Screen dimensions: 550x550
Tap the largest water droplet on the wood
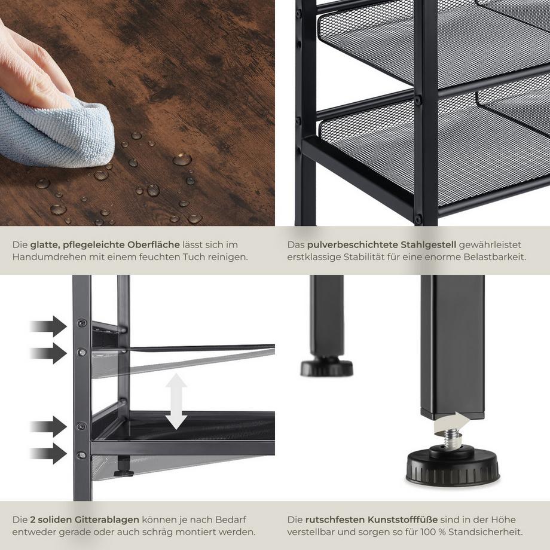182,160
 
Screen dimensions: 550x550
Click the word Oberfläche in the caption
153,245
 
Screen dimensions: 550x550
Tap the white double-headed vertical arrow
176,401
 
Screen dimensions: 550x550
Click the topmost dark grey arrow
48,326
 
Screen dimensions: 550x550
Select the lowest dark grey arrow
48,453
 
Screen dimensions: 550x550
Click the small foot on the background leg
326,366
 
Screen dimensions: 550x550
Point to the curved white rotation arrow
453,423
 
